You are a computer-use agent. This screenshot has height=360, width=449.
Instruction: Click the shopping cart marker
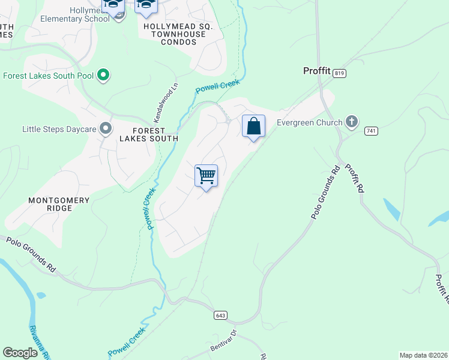point(206,176)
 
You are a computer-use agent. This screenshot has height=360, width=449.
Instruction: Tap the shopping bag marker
point(254,127)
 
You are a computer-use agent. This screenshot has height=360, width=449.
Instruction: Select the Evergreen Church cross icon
point(352,122)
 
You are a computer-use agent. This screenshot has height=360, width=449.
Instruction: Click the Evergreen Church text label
point(309,122)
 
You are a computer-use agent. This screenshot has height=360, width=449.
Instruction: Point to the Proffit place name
point(316,71)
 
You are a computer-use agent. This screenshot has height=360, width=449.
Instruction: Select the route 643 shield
point(220,315)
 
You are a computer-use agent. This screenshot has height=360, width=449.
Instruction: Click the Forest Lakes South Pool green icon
point(103,76)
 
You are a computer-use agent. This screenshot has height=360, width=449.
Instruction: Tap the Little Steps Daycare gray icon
point(106,128)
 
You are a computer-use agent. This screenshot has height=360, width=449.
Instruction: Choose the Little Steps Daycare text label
point(59,128)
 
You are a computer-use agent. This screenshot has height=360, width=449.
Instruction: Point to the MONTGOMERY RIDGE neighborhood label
point(59,204)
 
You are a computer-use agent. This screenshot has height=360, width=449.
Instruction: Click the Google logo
point(20,352)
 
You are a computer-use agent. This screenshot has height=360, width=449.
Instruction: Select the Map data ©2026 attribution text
point(423,355)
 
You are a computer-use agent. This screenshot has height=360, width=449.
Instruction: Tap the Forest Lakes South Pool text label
point(48,76)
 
